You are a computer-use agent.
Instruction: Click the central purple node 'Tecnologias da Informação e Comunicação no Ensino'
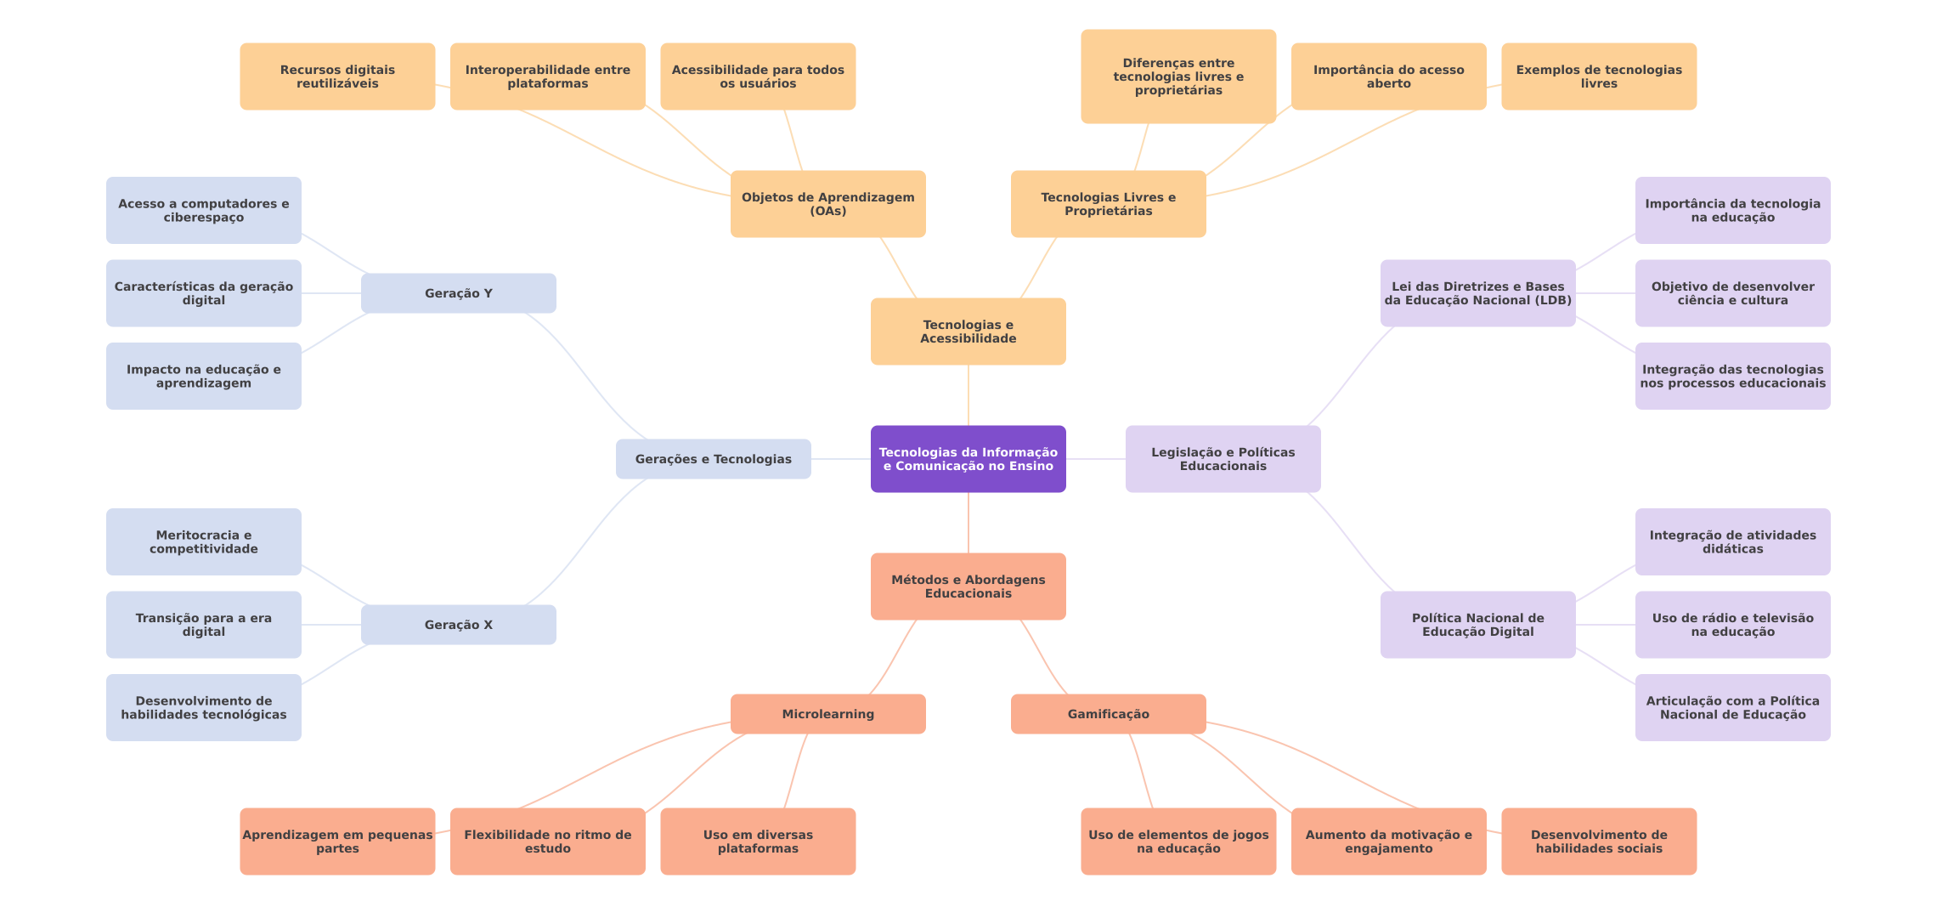968,459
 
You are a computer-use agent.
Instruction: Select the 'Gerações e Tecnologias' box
713,459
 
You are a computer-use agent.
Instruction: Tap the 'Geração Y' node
458,293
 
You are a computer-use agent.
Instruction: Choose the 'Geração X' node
458,625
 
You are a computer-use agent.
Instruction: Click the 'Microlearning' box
827,714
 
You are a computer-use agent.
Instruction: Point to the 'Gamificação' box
1108,714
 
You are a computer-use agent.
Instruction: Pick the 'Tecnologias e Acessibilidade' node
968,331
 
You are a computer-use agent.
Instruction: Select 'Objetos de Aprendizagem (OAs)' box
827,204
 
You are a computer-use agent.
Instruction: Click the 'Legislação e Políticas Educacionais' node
1223,459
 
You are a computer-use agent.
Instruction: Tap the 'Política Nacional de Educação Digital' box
1477,625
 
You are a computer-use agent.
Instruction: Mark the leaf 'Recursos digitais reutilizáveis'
337,76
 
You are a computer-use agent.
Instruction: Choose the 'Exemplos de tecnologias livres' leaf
1598,76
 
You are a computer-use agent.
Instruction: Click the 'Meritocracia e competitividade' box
203,542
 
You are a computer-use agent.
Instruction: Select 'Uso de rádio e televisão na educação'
1732,625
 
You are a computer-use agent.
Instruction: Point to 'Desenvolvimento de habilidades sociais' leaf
1598,841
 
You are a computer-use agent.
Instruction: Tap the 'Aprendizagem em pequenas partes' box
337,841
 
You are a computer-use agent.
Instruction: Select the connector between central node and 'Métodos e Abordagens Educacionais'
968,523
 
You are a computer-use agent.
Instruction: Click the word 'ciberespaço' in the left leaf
203,218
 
